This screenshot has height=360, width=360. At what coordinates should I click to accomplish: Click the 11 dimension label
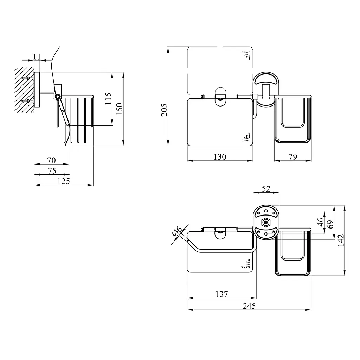click(37, 56)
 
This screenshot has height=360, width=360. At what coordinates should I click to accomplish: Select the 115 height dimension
click(108, 98)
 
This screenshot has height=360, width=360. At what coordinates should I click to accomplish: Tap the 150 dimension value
click(119, 109)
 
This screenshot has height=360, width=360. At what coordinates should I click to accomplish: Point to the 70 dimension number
click(51, 160)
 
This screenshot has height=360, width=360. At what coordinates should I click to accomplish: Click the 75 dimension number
click(52, 171)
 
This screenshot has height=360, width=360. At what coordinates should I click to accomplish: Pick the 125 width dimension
click(64, 181)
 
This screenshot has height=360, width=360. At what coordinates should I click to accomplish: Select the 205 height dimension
click(164, 110)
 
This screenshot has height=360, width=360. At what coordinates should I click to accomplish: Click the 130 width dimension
click(220, 157)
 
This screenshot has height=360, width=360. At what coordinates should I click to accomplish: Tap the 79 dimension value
click(293, 157)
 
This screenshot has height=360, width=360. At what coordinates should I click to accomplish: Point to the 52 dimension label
click(266, 189)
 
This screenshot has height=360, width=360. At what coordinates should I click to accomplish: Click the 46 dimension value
click(321, 222)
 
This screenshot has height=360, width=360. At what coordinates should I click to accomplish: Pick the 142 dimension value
click(341, 240)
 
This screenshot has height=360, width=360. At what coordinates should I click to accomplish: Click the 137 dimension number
click(221, 294)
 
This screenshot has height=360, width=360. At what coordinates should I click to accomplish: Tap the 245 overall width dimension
click(249, 306)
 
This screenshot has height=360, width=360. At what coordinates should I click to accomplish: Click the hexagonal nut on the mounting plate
click(266, 223)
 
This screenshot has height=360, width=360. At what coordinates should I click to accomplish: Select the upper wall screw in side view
click(27, 78)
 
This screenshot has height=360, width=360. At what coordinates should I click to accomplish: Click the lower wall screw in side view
click(27, 101)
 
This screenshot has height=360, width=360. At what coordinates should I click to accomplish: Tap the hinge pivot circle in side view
click(58, 96)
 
